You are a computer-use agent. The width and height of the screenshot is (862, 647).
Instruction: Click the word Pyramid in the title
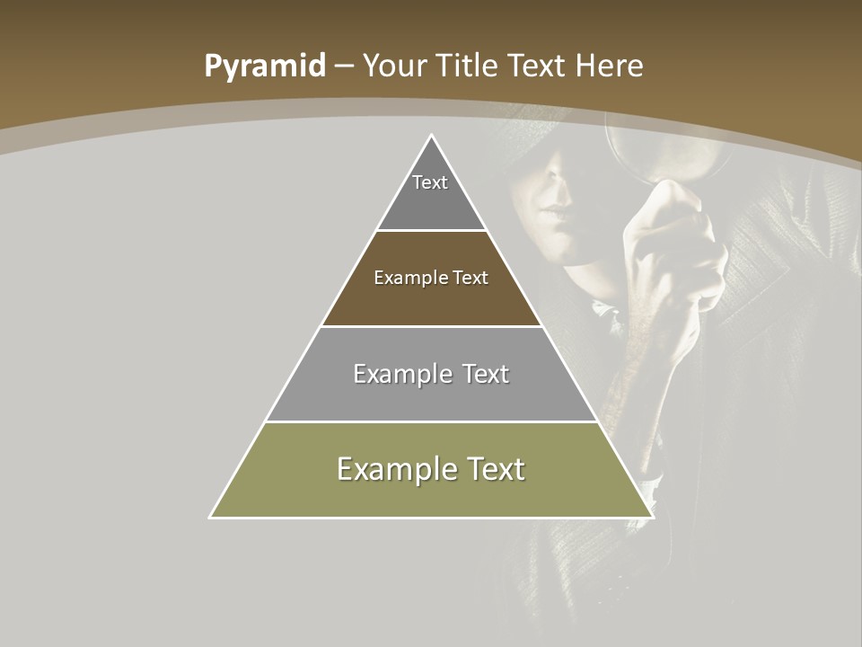click(x=264, y=66)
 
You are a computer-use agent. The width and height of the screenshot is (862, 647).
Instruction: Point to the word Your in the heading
click(x=394, y=66)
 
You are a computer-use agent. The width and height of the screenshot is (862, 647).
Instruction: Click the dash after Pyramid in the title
click(x=344, y=66)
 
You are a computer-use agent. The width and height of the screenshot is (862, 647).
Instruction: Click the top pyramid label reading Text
click(x=430, y=182)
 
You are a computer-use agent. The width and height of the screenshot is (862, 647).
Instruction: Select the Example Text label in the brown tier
click(x=431, y=278)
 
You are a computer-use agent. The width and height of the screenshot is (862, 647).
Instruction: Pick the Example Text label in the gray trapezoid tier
click(x=431, y=374)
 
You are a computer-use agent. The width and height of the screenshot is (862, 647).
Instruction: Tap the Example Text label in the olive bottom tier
click(x=431, y=469)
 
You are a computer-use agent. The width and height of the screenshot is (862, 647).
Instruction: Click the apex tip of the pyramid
click(x=432, y=136)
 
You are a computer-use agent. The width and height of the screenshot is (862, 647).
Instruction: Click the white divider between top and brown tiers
click(x=431, y=231)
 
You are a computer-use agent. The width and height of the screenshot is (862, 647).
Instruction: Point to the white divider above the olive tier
click(x=431, y=421)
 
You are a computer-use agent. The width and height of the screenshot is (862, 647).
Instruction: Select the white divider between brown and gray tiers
click(x=431, y=326)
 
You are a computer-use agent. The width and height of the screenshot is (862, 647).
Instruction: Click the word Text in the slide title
click(x=537, y=66)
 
